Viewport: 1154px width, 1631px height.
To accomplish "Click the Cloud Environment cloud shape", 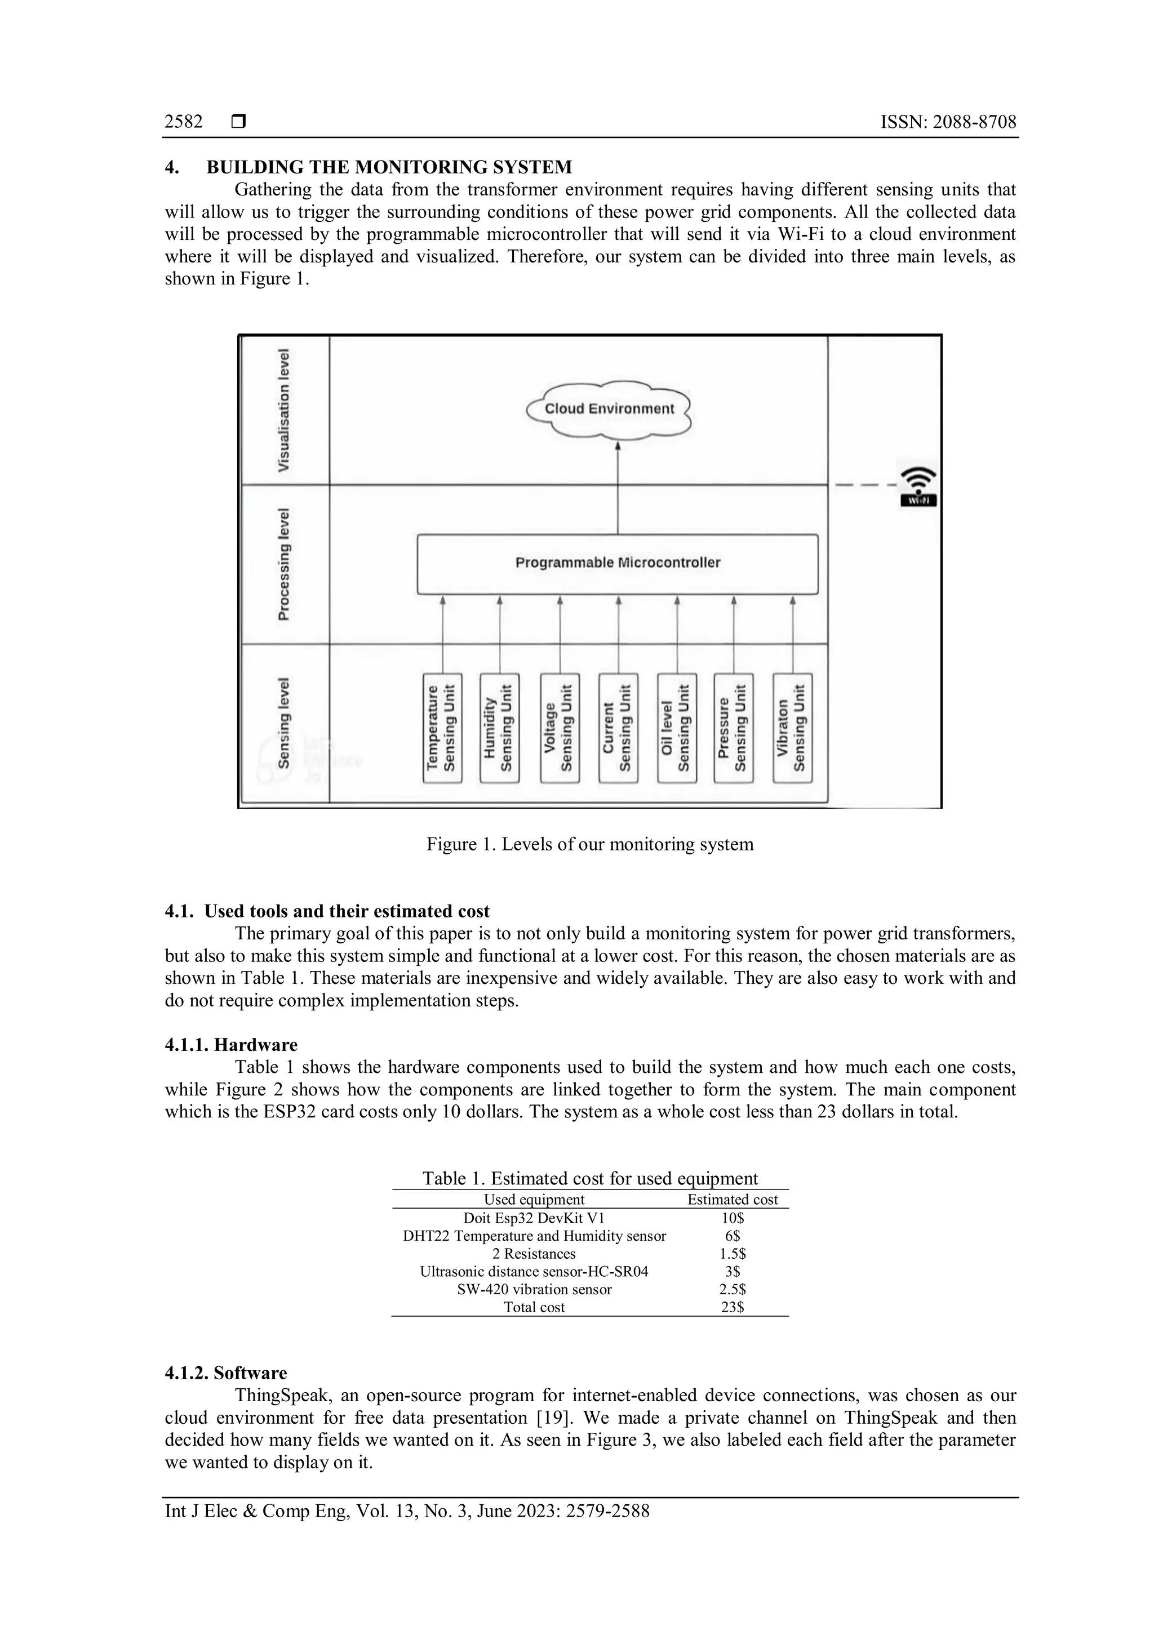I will (609, 409).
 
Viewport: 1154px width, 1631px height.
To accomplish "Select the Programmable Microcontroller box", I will (618, 563).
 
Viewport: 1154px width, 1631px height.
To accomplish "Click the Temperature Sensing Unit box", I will (442, 728).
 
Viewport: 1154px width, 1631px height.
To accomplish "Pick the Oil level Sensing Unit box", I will (677, 728).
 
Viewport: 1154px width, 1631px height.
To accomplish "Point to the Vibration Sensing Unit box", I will (792, 728).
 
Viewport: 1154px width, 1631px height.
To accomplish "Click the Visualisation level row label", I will (284, 411).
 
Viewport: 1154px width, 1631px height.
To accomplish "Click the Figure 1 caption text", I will (590, 845).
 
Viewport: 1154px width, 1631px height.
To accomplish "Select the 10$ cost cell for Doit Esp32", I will (732, 1218).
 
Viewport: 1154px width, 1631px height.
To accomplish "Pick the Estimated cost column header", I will (732, 1200).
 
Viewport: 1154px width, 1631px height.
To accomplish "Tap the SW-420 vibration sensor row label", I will (534, 1289).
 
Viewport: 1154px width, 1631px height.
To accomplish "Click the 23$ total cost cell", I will (732, 1307).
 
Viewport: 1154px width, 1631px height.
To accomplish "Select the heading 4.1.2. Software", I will (226, 1373).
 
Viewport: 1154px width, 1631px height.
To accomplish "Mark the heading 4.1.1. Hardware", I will (231, 1045).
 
